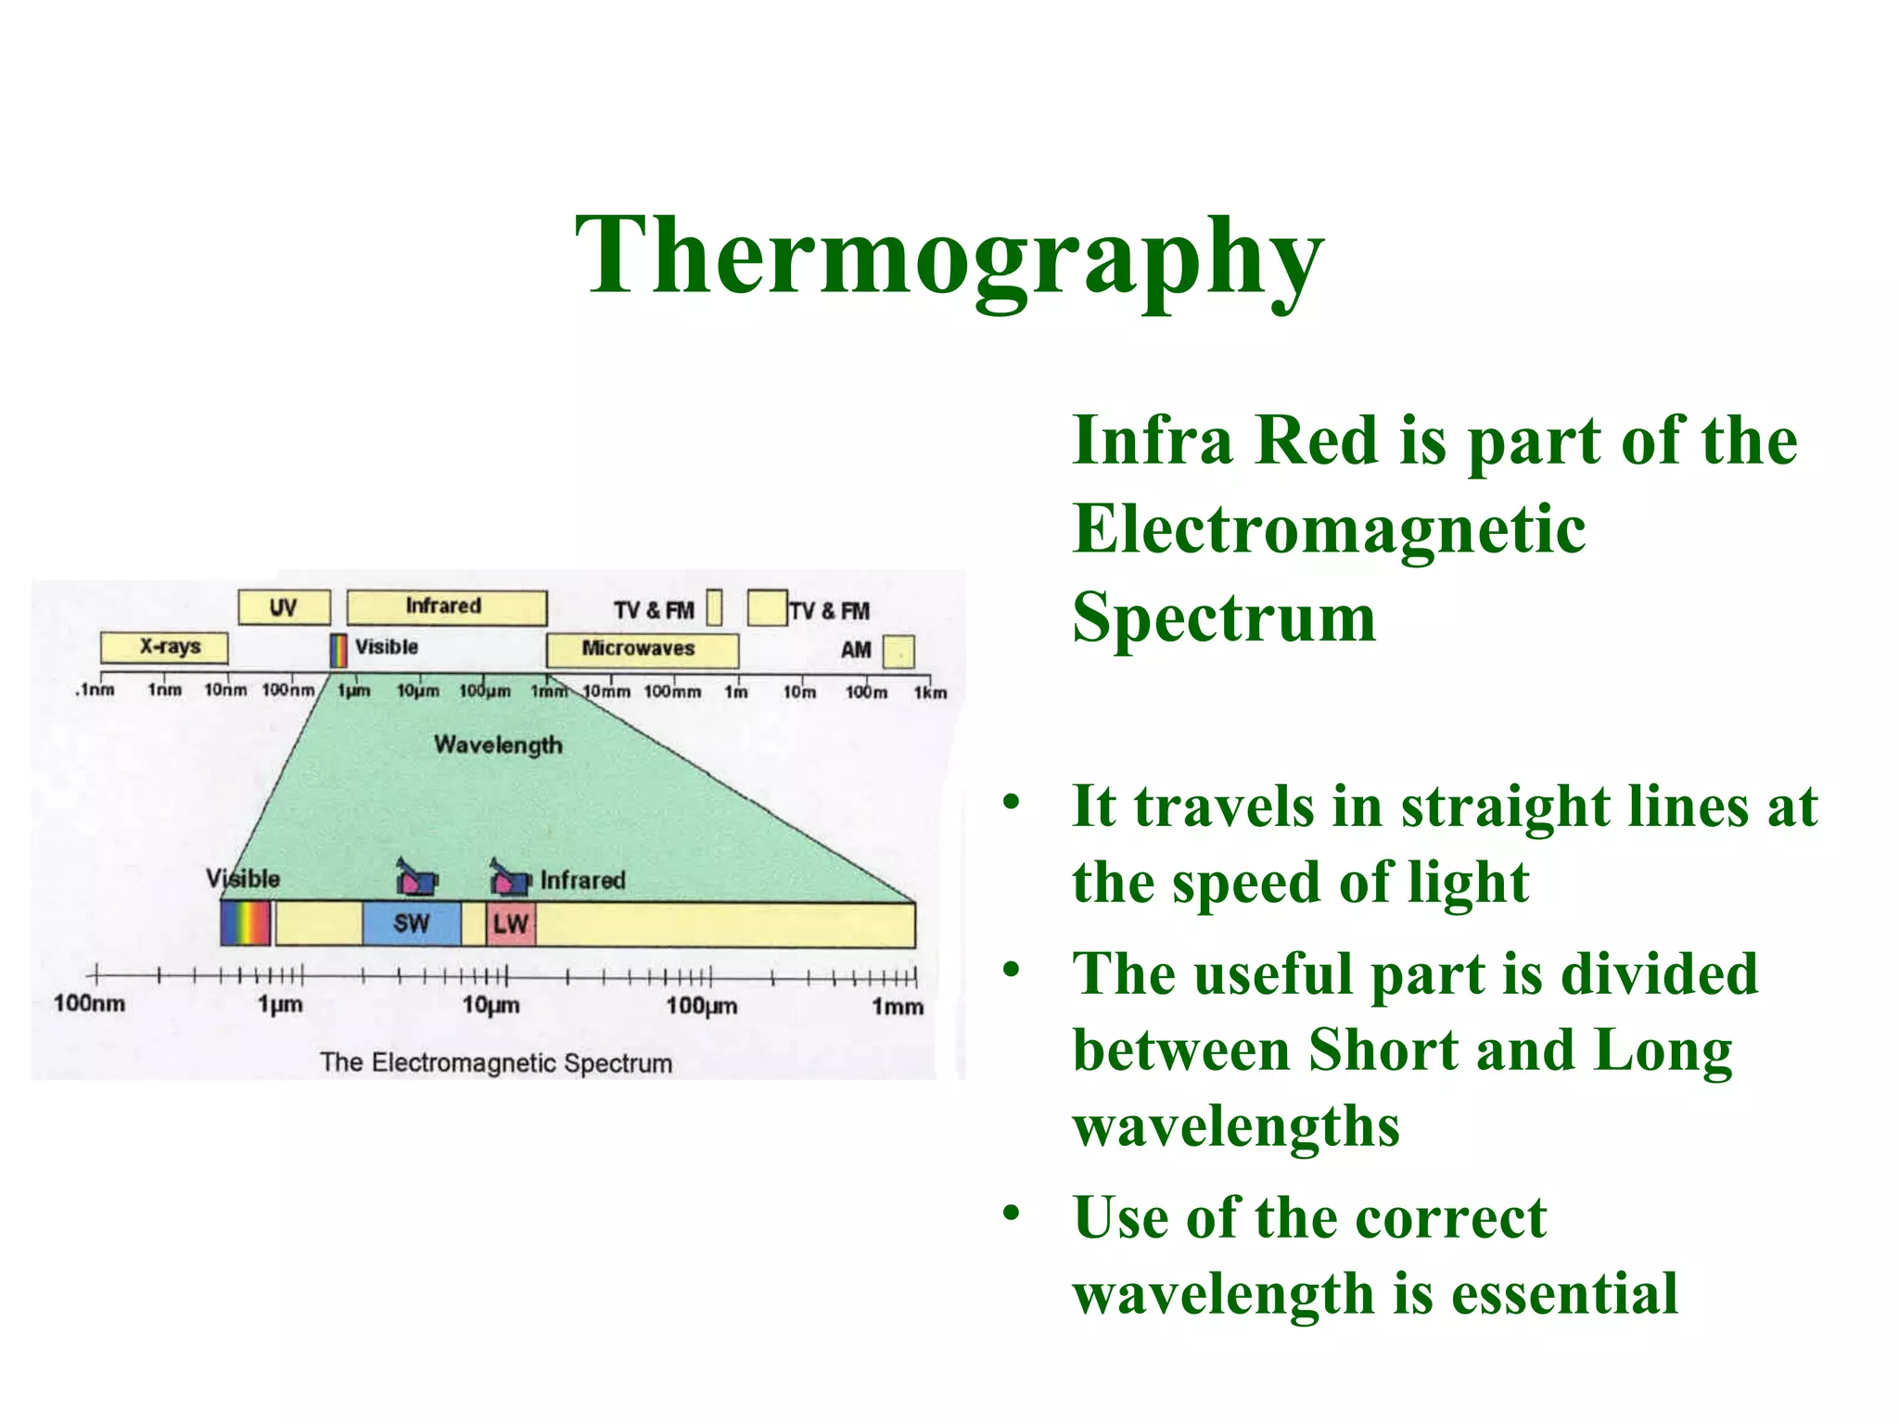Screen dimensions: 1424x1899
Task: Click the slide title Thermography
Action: coord(949,255)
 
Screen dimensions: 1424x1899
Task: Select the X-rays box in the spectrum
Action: coord(165,647)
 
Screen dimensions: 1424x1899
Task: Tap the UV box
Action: coord(284,607)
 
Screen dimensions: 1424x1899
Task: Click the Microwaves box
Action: coord(642,649)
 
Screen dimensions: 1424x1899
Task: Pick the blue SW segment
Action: coord(411,923)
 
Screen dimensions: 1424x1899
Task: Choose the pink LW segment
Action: coord(511,923)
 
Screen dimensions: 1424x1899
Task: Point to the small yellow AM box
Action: coord(899,651)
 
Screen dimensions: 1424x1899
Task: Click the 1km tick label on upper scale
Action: coord(930,693)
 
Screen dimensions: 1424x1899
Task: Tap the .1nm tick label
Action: coord(96,690)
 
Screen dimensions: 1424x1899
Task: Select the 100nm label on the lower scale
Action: coord(89,1003)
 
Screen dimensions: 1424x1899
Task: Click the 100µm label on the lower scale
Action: coord(702,1005)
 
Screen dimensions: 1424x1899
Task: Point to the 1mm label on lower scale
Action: coord(898,1006)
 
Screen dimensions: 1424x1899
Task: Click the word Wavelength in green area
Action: coord(498,744)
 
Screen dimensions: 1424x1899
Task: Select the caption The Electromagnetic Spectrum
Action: coord(496,1062)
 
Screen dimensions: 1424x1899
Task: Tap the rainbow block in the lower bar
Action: coord(246,923)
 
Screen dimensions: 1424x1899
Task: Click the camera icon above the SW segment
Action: coord(415,876)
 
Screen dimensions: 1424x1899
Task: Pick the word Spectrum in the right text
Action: coord(1224,617)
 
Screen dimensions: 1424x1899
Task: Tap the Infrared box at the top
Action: coord(446,607)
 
